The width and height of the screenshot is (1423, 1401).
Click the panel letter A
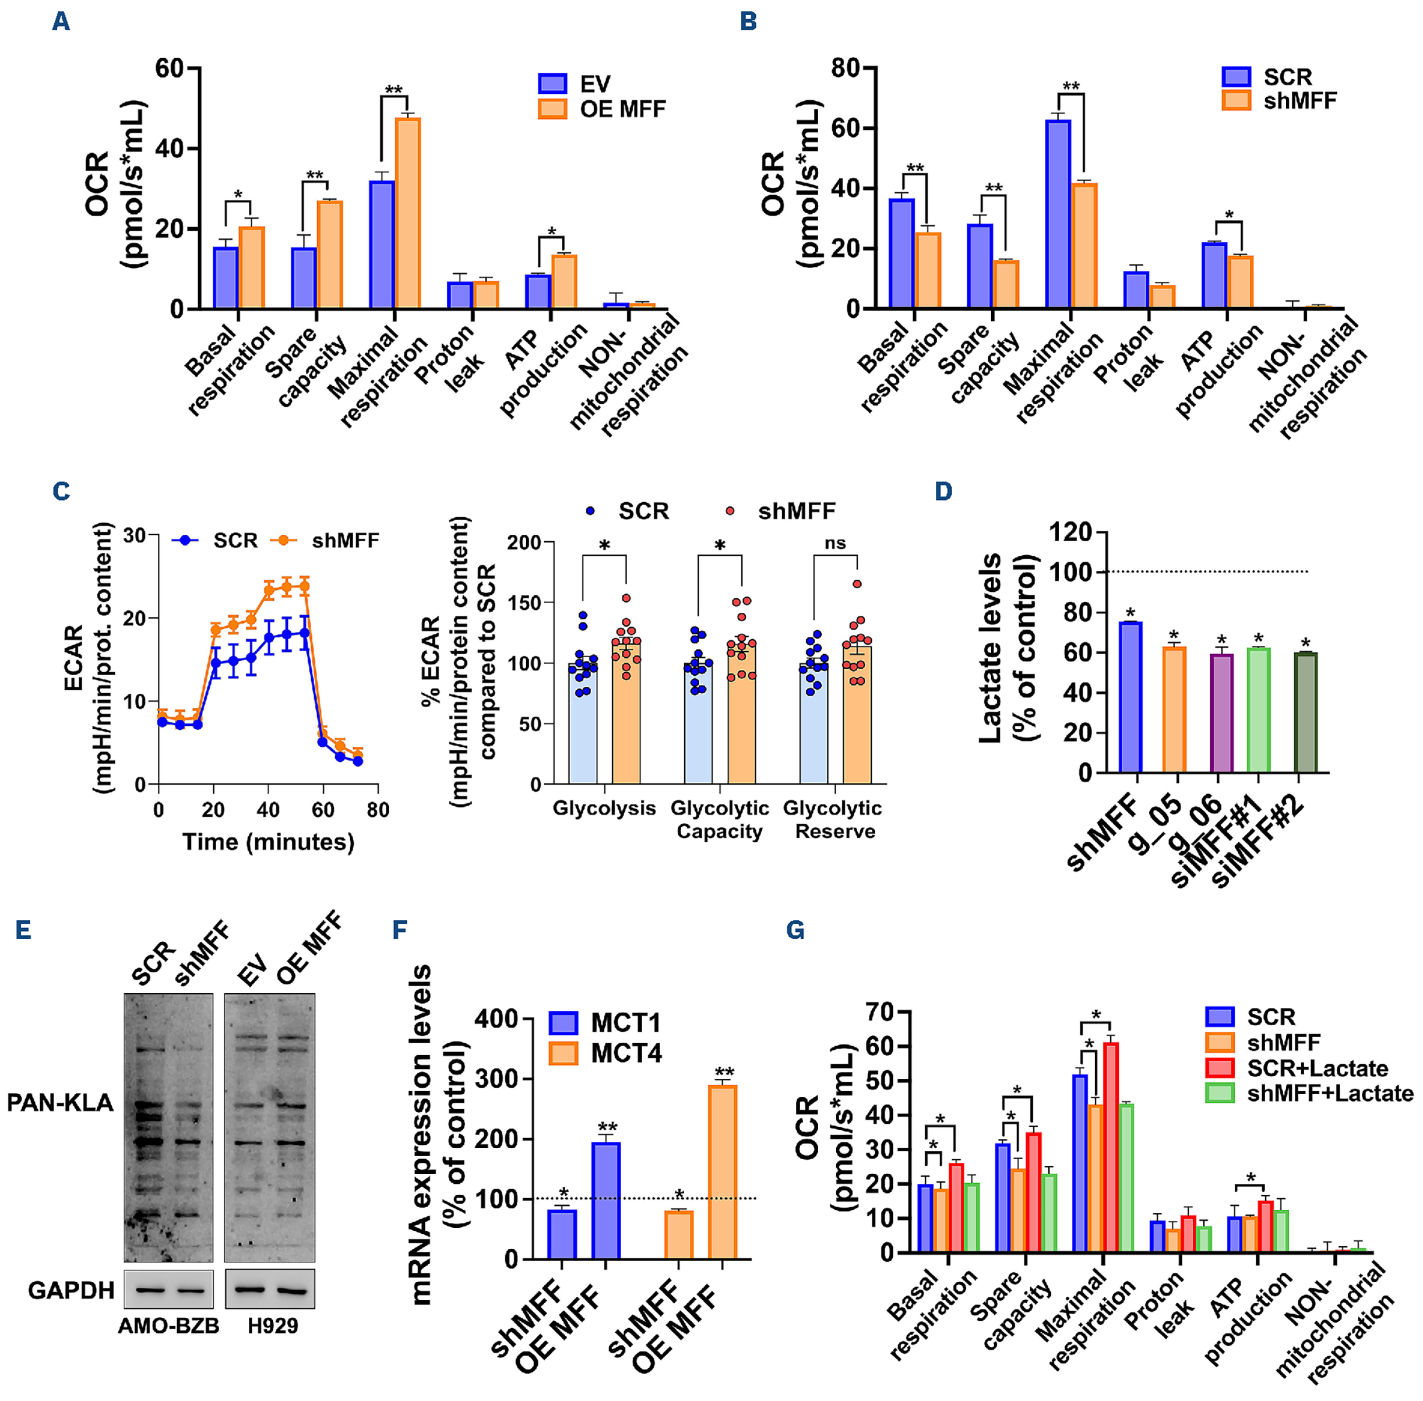click(61, 22)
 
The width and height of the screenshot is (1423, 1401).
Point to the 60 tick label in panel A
click(168, 68)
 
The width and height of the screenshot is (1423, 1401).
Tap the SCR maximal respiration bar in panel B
click(1058, 213)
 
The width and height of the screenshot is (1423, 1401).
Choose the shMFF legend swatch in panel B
click(1236, 100)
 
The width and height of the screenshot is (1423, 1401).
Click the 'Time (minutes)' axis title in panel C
click(268, 841)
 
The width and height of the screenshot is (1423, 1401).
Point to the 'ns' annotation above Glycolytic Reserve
click(835, 543)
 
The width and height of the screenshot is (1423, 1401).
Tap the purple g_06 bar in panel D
click(1221, 713)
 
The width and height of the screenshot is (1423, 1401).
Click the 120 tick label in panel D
click(1070, 531)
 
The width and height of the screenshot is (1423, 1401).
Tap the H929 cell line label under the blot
click(272, 1326)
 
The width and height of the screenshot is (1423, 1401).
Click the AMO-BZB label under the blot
click(168, 1326)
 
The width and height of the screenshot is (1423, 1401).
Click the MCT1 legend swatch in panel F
click(563, 1023)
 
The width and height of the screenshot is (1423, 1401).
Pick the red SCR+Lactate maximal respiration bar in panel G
click(1111, 1147)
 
